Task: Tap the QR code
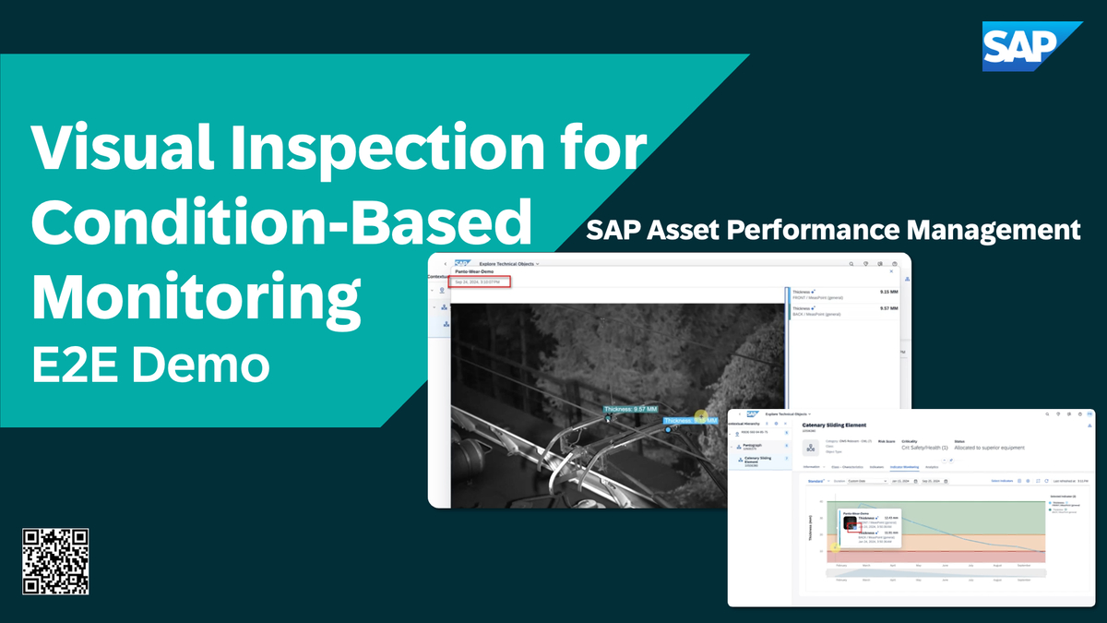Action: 55,561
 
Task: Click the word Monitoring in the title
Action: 195,298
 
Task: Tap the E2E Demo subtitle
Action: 150,365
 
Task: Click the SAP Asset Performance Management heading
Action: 833,229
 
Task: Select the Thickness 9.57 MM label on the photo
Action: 632,409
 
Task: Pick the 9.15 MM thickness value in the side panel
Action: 888,292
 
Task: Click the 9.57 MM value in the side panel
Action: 888,308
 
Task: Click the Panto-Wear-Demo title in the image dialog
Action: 474,272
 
